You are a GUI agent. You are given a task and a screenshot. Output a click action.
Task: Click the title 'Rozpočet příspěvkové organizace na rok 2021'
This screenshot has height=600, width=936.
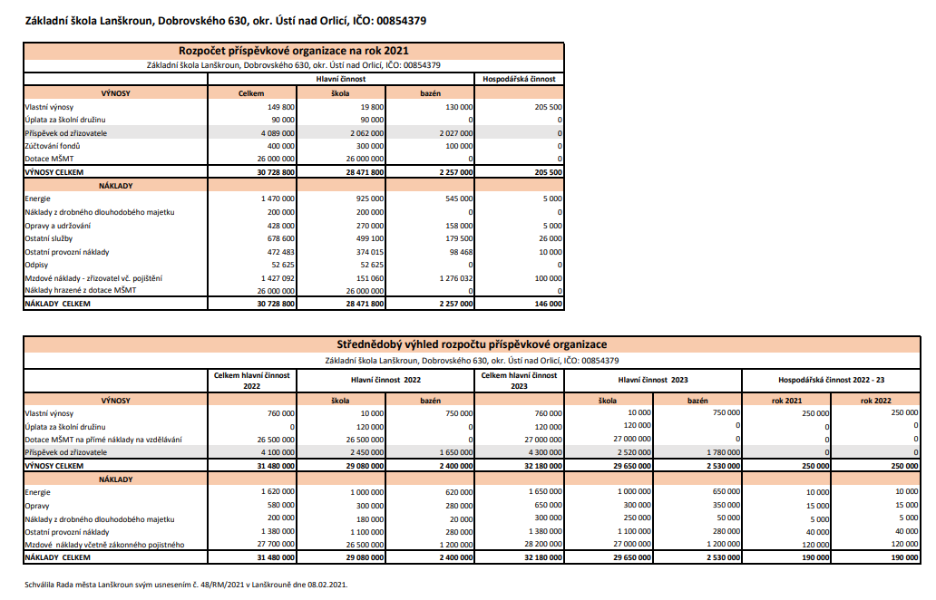[x=294, y=51]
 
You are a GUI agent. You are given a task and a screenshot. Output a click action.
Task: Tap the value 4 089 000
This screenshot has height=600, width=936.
[x=276, y=132]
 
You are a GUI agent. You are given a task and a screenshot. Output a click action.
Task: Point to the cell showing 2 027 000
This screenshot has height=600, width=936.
[x=454, y=132]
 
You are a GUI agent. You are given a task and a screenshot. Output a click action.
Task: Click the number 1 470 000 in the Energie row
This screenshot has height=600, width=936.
[x=276, y=198]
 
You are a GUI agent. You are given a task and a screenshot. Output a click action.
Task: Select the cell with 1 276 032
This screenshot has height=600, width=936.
[x=454, y=277]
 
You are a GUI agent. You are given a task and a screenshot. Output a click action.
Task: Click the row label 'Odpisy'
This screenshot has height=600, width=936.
[x=37, y=265]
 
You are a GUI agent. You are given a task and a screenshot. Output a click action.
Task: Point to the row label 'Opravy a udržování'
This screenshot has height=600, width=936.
[x=57, y=225]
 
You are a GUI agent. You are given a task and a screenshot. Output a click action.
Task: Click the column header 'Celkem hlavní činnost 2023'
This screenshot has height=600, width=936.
[x=519, y=380]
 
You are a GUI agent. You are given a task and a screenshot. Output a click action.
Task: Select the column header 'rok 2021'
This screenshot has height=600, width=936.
[x=785, y=400]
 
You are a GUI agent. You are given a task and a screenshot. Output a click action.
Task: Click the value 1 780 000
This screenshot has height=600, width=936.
[x=722, y=450]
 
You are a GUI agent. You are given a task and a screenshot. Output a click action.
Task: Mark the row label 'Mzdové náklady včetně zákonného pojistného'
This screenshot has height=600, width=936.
[x=104, y=544]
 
